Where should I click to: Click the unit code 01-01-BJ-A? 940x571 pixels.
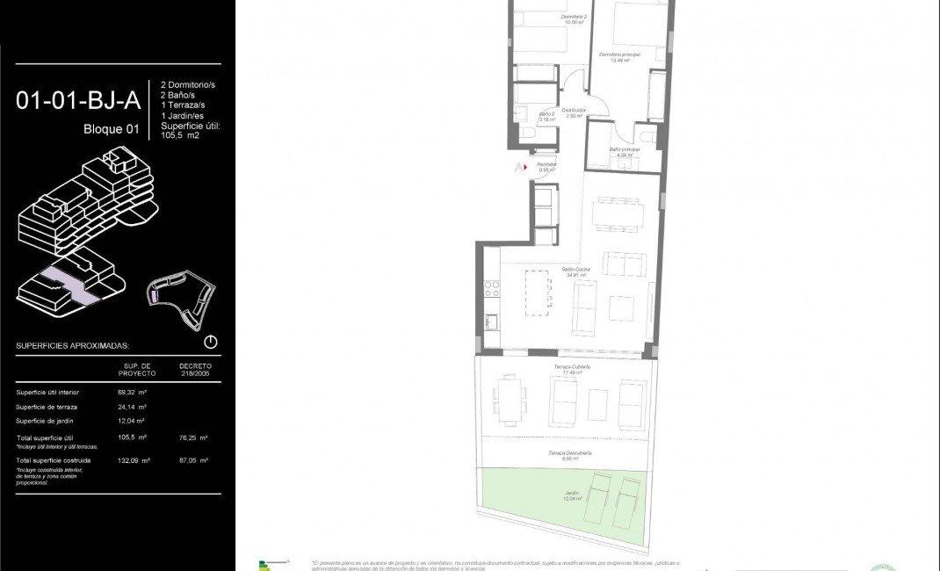click(x=78, y=100)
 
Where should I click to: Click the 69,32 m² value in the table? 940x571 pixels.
click(x=132, y=392)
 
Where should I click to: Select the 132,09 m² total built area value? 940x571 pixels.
click(x=134, y=459)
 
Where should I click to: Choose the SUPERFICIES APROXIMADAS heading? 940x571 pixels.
click(x=73, y=346)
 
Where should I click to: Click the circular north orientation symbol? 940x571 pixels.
click(x=210, y=343)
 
